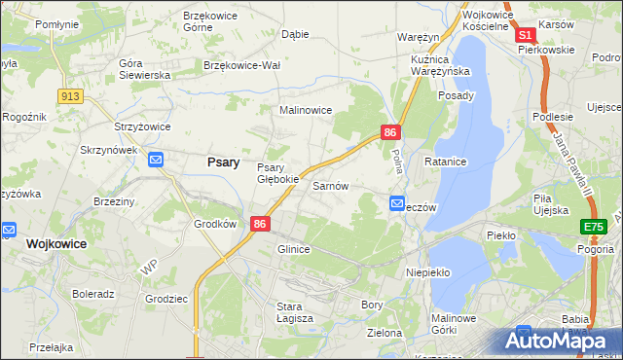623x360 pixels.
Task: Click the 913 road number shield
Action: coord(69,95)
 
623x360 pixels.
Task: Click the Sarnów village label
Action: coord(330,185)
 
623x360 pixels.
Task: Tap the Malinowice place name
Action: coord(306,111)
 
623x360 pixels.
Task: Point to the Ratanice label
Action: coord(446,161)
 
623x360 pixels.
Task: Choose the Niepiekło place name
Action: coord(427,272)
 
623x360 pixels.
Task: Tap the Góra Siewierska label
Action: coord(144,69)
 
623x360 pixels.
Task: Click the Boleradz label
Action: coord(93,293)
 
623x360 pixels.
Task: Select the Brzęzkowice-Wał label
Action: coord(241,65)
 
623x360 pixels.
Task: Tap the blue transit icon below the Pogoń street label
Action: coord(397,203)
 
